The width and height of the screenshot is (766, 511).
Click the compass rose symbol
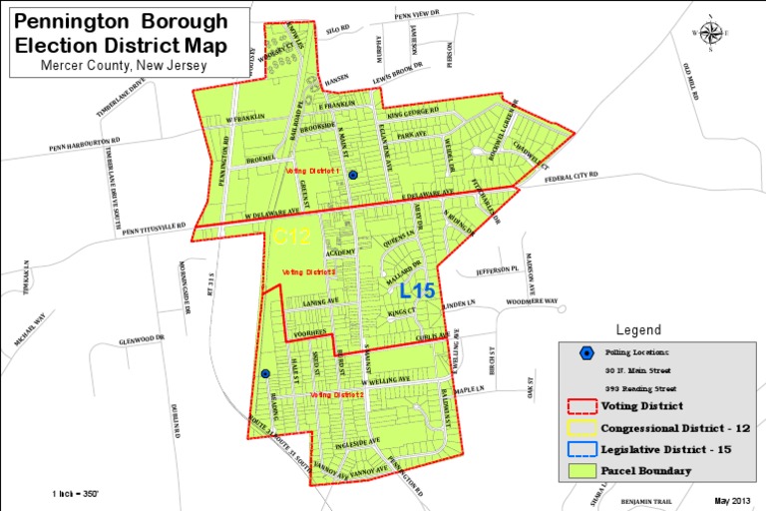tap(710, 31)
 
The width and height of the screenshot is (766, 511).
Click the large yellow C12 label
tap(293, 237)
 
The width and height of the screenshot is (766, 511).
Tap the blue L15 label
tap(417, 291)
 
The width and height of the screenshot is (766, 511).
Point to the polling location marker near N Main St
tap(352, 174)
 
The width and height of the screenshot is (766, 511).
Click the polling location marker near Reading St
tap(265, 374)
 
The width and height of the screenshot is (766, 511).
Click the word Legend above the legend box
tap(638, 329)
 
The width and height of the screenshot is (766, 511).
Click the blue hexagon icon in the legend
tap(587, 351)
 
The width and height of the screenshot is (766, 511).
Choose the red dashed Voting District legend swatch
tap(579, 406)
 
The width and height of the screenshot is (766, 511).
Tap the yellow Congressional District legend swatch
tap(579, 428)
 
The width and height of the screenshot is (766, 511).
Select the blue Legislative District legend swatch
tap(579, 449)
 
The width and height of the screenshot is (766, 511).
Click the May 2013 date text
tap(734, 498)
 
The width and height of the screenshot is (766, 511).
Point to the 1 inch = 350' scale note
tap(76, 494)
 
